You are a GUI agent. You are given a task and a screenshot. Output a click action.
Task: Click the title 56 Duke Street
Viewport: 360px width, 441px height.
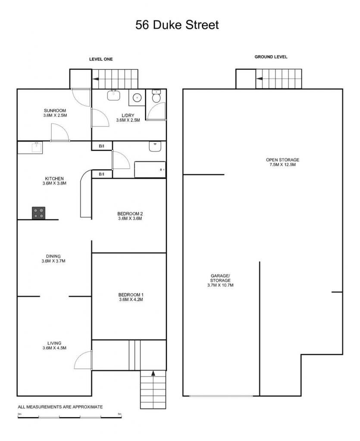[177, 25]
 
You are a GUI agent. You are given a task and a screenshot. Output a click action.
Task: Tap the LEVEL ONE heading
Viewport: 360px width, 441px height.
[101, 59]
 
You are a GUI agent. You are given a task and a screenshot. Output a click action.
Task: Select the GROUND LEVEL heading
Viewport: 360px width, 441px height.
[271, 57]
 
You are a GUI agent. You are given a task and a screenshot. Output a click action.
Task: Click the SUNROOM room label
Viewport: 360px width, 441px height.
[55, 111]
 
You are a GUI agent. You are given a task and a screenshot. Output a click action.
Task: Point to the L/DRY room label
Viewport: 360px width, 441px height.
[128, 115]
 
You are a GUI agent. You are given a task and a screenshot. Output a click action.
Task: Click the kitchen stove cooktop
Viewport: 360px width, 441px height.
[38, 213]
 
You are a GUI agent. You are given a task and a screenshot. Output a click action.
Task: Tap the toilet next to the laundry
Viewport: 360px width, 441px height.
[156, 96]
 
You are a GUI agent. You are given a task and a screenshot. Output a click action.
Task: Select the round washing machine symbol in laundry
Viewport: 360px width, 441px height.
[137, 98]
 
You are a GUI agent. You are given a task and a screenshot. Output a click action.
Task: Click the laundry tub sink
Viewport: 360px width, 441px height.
[114, 95]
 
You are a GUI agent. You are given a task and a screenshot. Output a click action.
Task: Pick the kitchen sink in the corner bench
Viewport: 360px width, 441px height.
[37, 147]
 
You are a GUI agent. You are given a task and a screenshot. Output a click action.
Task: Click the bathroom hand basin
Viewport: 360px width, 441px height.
[155, 146]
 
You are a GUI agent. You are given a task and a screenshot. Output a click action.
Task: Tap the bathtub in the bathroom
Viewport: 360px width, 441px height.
[150, 170]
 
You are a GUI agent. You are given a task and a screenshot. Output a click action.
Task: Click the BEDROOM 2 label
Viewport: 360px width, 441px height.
[130, 214]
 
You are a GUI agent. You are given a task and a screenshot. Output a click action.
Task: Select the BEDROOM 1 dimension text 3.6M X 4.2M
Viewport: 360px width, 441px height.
[131, 300]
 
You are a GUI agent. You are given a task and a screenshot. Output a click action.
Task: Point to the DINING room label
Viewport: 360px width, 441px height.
[53, 256]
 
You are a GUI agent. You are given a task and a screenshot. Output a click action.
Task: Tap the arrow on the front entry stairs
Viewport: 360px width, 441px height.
[153, 373]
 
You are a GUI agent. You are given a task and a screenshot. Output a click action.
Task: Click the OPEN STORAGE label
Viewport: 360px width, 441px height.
[282, 160]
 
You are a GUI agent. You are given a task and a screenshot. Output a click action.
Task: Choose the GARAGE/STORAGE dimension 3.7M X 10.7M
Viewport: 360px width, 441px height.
[220, 285]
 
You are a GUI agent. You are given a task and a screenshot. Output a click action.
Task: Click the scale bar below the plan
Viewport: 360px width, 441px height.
[69, 417]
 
